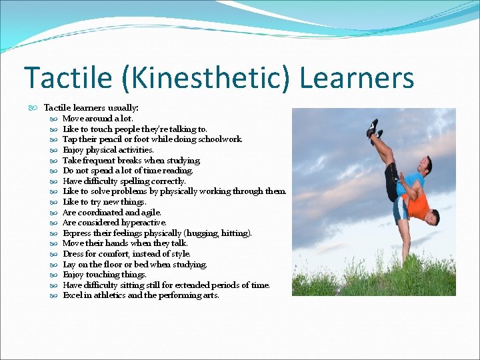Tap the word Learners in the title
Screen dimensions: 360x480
pyautogui.click(x=357, y=78)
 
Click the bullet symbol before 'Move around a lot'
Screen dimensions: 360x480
pyautogui.click(x=53, y=119)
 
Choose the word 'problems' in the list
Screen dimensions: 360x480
pyautogui.click(x=137, y=191)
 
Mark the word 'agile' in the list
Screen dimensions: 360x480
pyautogui.click(x=150, y=212)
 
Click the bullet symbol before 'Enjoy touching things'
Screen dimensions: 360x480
pyautogui.click(x=53, y=275)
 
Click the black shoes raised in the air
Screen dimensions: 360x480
pyautogui.click(x=373, y=129)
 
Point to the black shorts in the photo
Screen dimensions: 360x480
pyautogui.click(x=392, y=183)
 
